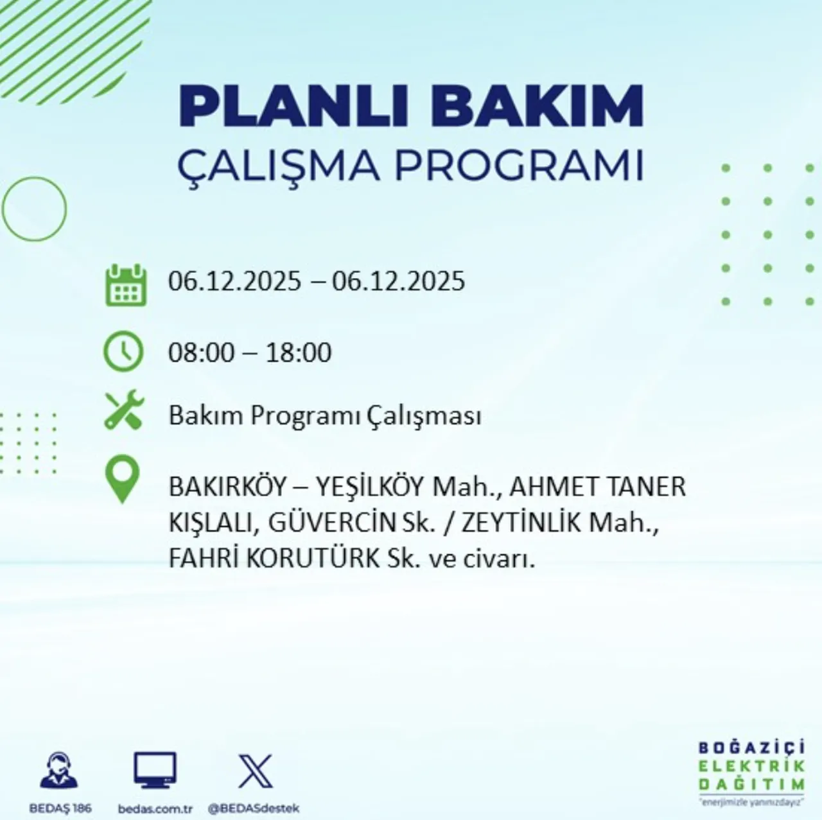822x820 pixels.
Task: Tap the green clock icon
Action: click(x=123, y=351)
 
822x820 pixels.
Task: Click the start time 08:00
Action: click(x=201, y=353)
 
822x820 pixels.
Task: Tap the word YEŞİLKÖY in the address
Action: click(x=370, y=487)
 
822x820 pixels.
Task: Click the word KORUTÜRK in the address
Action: click(x=313, y=559)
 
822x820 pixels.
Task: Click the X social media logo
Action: click(x=255, y=771)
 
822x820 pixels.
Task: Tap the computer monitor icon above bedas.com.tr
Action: click(x=155, y=770)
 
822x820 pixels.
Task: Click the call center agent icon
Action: click(x=58, y=771)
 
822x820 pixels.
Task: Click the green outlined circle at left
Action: click(x=34, y=209)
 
